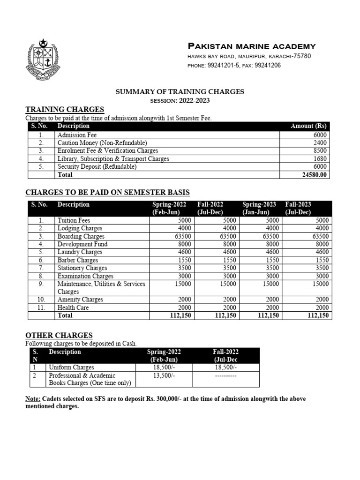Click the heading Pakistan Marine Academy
click(x=251, y=46)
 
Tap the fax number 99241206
click(x=267, y=66)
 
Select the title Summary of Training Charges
click(x=180, y=92)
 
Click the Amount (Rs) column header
click(x=308, y=126)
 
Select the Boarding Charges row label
click(x=81, y=236)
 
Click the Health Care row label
click(x=73, y=307)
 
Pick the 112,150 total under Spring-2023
click(x=269, y=315)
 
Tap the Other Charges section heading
click(x=59, y=336)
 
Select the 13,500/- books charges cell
click(x=163, y=376)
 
